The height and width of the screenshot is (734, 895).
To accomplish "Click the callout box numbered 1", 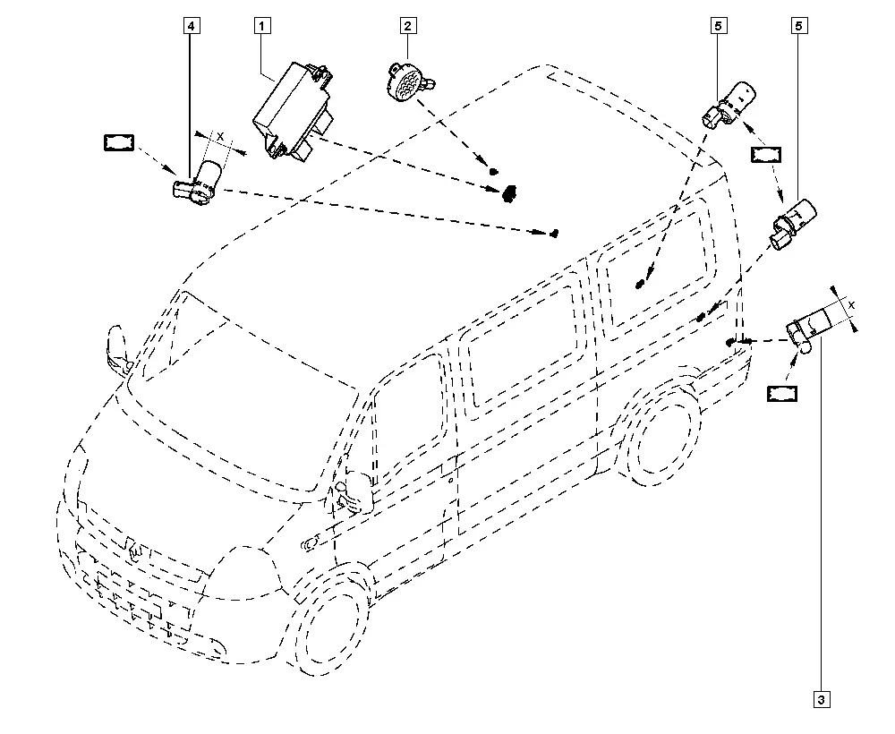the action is click(262, 26).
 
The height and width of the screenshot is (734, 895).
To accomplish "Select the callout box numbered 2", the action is click(407, 26).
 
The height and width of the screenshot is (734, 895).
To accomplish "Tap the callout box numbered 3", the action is click(822, 700).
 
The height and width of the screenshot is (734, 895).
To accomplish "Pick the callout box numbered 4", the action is click(192, 26).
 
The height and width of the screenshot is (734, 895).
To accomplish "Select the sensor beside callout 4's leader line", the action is click(199, 180).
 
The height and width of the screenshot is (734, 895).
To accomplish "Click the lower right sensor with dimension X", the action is click(809, 331).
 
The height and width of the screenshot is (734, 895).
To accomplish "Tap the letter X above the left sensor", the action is click(220, 137).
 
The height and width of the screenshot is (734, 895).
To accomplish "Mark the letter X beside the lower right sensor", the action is click(852, 306).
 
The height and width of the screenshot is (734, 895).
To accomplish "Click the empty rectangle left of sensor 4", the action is click(119, 142).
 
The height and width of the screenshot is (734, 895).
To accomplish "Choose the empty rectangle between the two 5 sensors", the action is click(766, 155).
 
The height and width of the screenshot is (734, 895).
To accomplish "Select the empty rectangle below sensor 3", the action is click(782, 394).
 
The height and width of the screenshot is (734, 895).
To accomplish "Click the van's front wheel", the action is click(333, 620).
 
